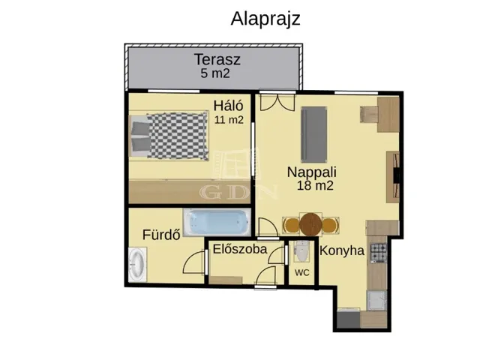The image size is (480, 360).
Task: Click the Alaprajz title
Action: (x=265, y=19)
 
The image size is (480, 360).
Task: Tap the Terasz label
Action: (x=217, y=59)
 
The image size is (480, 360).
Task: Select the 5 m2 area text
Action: (x=215, y=73)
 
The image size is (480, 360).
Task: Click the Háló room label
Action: (x=228, y=106)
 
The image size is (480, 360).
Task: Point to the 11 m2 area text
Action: (x=229, y=120)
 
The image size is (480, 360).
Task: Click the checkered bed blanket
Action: (x=178, y=136)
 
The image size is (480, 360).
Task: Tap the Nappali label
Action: (x=312, y=172)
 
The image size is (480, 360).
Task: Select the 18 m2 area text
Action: (x=315, y=186)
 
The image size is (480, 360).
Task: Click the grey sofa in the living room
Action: (x=313, y=134)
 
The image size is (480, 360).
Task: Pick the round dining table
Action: (x=310, y=224)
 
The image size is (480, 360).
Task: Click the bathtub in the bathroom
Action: (x=217, y=222)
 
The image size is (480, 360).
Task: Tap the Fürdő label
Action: (x=161, y=235)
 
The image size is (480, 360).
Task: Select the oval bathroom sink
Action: (x=136, y=265)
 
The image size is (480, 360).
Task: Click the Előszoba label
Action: (x=240, y=249)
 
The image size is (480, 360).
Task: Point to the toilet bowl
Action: (x=301, y=251)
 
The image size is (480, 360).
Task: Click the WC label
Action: (x=301, y=273)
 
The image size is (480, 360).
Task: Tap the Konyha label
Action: (x=342, y=250)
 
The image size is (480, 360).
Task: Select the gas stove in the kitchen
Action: (x=379, y=253)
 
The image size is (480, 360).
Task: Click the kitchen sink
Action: (x=376, y=300)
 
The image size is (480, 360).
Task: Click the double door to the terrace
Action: (x=277, y=101)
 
